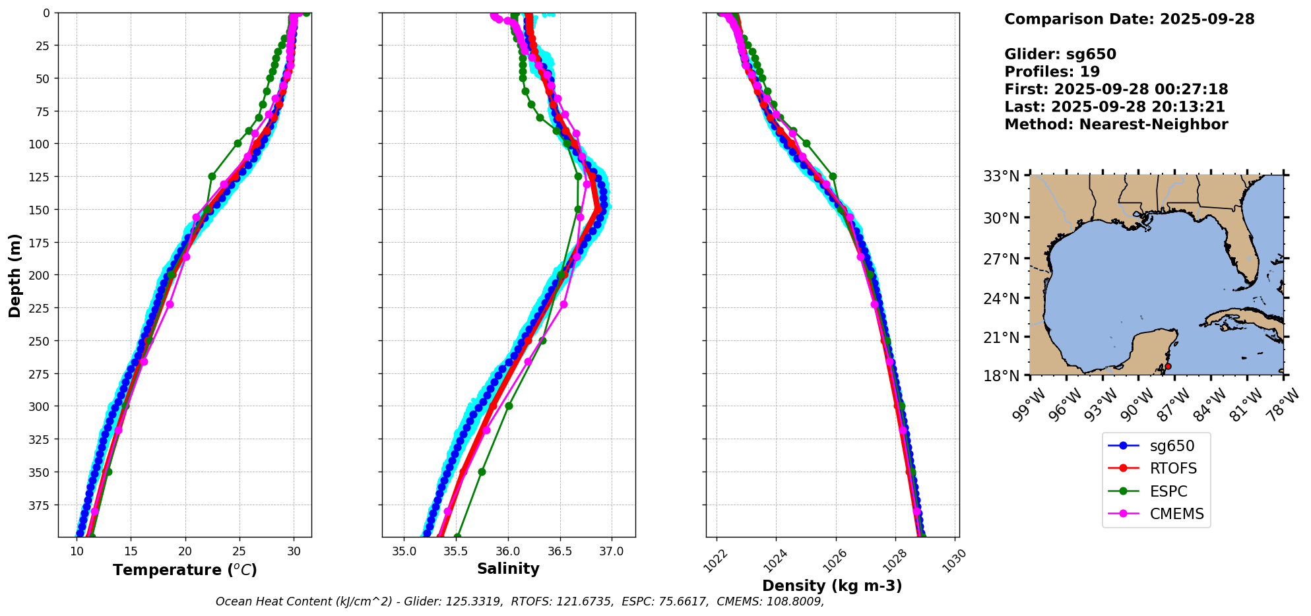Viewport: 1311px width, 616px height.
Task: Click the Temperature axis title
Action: [x=185, y=570]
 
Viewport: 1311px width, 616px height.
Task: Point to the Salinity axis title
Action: [x=508, y=569]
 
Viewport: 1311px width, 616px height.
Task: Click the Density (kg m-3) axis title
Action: [x=832, y=586]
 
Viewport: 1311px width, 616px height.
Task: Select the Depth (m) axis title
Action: [x=15, y=275]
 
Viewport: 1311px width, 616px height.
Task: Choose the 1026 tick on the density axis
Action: [x=831, y=561]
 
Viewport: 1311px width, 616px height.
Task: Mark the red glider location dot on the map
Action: [x=1168, y=366]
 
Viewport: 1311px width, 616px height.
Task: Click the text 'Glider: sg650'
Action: [x=1060, y=54]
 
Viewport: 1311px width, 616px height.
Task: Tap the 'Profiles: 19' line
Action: [x=1052, y=72]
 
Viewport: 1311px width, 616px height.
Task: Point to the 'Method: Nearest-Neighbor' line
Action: [x=1116, y=125]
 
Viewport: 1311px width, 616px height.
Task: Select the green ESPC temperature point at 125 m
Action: [x=212, y=176]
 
